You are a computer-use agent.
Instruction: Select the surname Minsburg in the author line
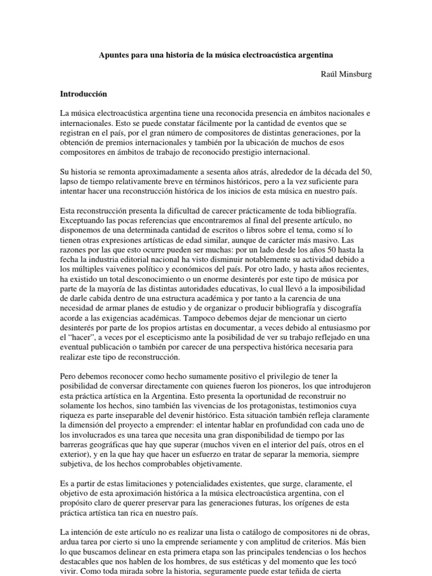(x=353, y=74)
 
